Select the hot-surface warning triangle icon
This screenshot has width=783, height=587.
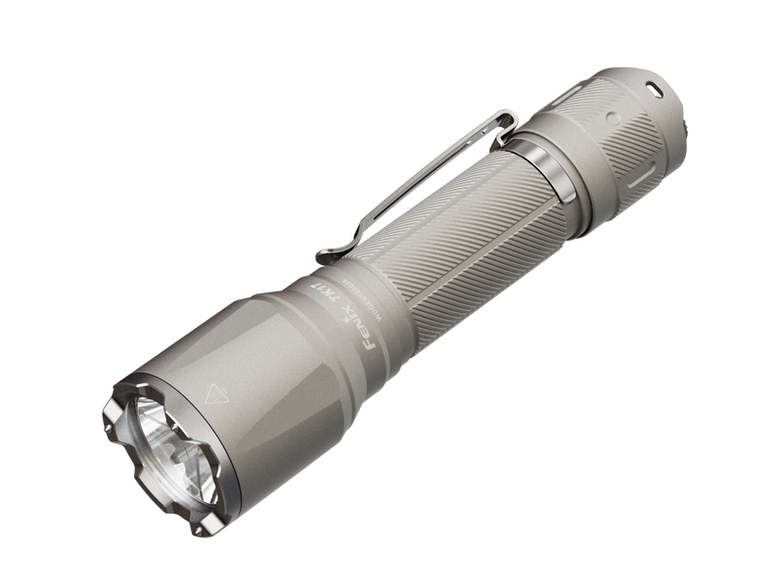coord(212,395)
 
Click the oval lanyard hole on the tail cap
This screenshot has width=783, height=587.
coord(650,87)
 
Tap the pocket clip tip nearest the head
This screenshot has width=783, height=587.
coord(326,255)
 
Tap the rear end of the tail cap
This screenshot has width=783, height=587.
coord(675,108)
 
